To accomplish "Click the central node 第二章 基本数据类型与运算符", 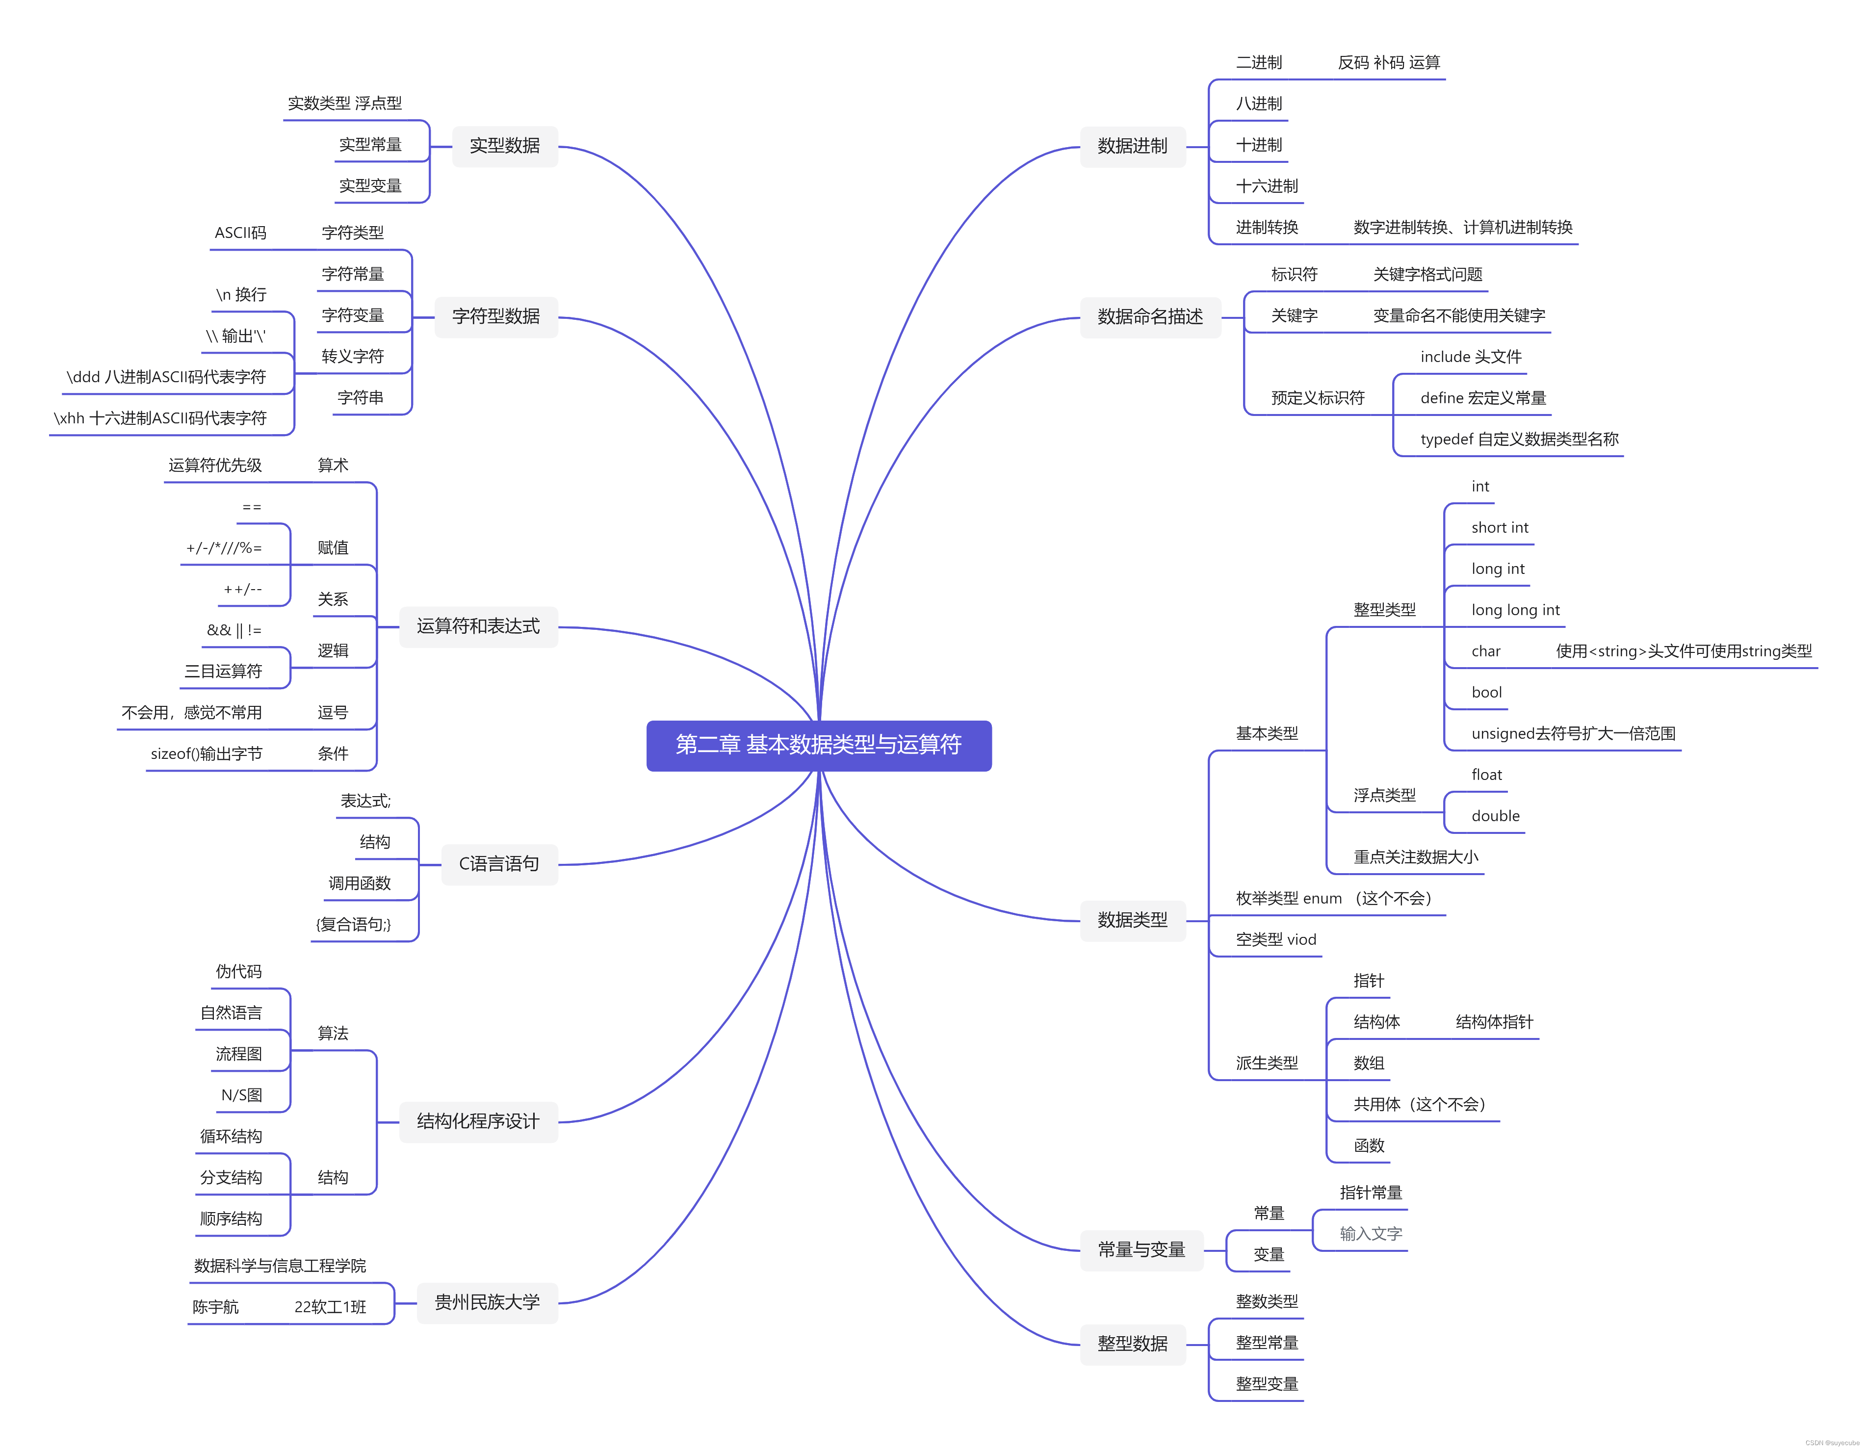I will click(818, 745).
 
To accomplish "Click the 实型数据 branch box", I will click(504, 146).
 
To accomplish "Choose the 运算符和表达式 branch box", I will click(478, 627).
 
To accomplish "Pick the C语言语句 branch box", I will click(499, 864).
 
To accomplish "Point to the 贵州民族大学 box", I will click(487, 1302).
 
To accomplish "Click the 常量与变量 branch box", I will click(1141, 1250).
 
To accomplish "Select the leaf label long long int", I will click(1515, 610).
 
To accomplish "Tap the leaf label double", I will click(1495, 816).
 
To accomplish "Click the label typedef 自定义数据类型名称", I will click(1519, 440).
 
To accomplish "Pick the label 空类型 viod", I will click(1275, 940).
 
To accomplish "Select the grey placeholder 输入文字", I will click(1371, 1234).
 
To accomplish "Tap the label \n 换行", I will click(241, 295).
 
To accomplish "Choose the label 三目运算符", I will click(223, 671).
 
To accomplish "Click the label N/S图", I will click(241, 1095).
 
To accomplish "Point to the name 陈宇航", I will click(215, 1307).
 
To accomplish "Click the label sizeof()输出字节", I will click(206, 753).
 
